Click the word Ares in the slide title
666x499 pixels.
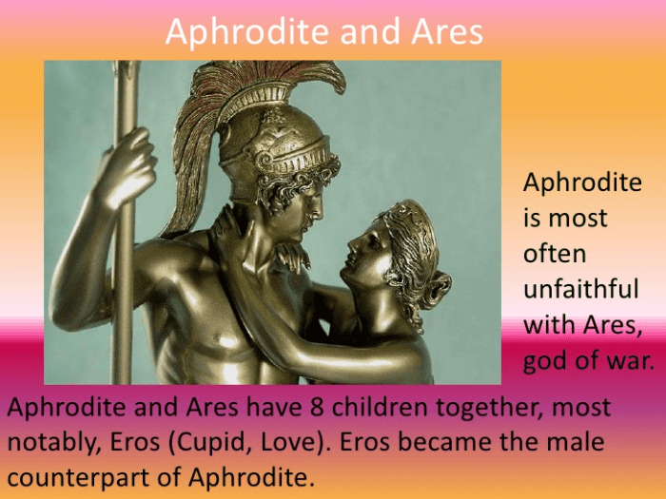click(x=447, y=32)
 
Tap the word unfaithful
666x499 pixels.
click(x=581, y=289)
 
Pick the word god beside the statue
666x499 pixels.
click(x=544, y=361)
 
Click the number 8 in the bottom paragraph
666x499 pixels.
click(x=311, y=409)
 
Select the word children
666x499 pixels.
click(x=375, y=409)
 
